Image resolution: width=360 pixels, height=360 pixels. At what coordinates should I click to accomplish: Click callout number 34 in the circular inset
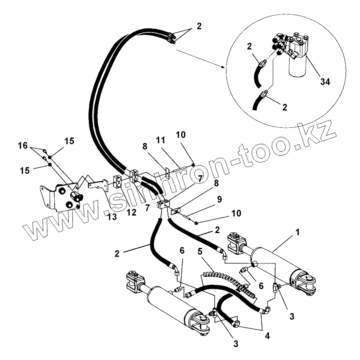pyautogui.click(x=325, y=81)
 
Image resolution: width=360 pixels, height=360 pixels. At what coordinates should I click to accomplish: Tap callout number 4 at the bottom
pyautogui.click(x=267, y=336)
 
